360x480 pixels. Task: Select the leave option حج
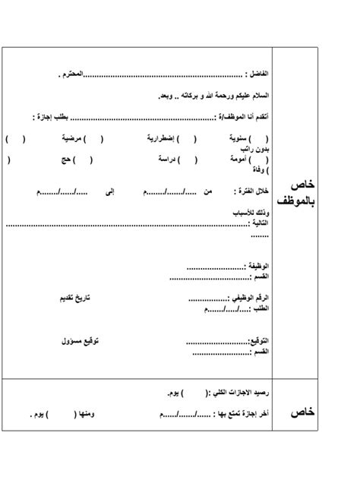click(x=65, y=159)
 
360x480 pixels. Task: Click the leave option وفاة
click(x=259, y=171)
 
